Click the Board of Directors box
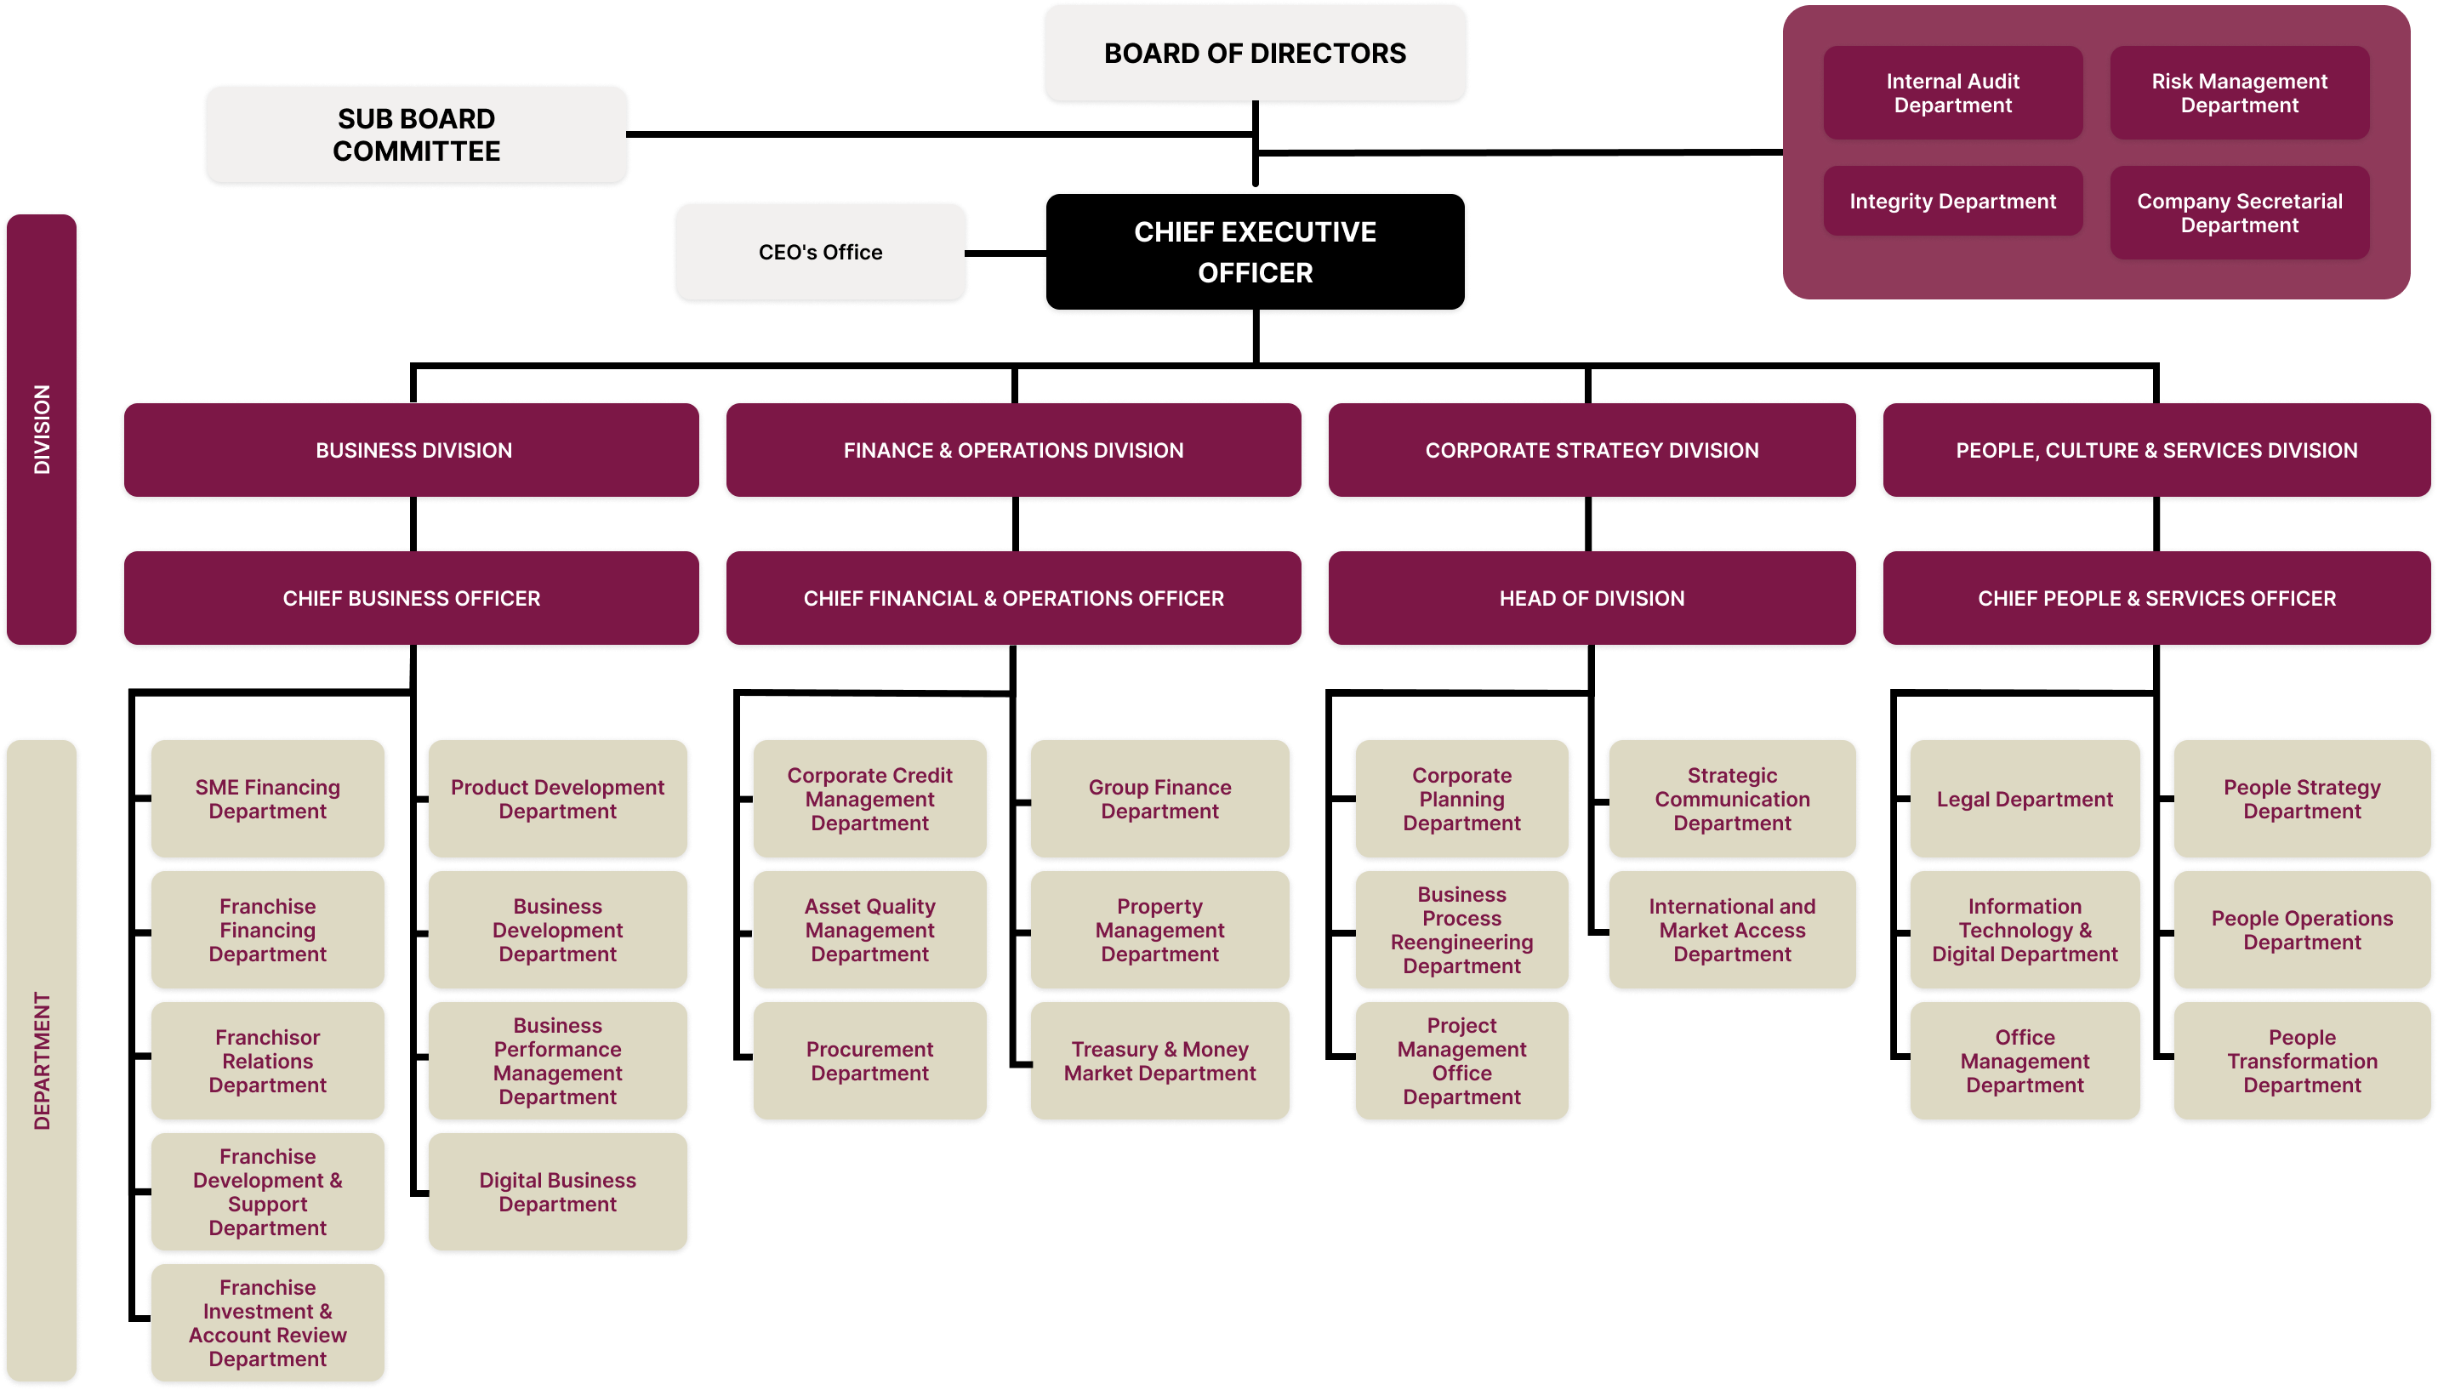point(1255,54)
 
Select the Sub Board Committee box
point(416,134)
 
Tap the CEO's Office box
point(820,252)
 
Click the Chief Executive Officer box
point(1255,252)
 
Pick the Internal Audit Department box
point(1952,94)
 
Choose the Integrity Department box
point(1952,202)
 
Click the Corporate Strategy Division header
point(1592,451)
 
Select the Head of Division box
point(1592,599)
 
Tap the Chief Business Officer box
point(412,599)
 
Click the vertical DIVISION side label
point(41,430)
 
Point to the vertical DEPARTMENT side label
point(41,1060)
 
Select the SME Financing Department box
point(267,799)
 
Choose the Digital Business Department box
point(557,1193)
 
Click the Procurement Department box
point(869,1062)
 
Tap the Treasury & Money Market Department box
point(1159,1062)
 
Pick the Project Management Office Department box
point(1461,1062)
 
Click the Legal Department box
point(2025,799)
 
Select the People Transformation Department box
point(2302,1062)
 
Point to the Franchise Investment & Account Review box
point(267,1323)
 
